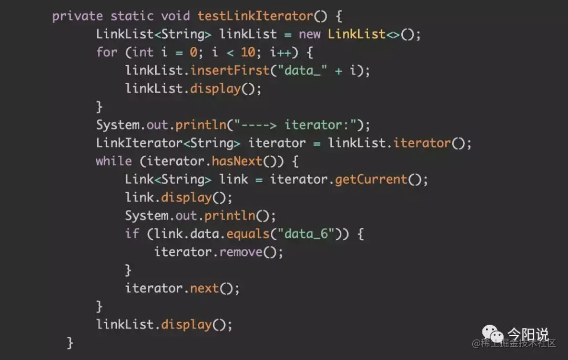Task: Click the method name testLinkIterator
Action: [x=255, y=16]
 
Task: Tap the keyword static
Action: [x=132, y=16]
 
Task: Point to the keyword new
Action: [x=310, y=34]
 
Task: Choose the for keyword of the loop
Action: [x=106, y=52]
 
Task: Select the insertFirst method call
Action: [x=226, y=71]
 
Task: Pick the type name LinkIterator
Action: [x=139, y=143]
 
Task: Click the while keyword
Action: [x=114, y=161]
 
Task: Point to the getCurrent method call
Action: [x=371, y=179]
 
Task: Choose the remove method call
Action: [x=241, y=252]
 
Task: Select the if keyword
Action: [x=131, y=234]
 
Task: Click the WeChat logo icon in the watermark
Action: [x=493, y=335]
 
